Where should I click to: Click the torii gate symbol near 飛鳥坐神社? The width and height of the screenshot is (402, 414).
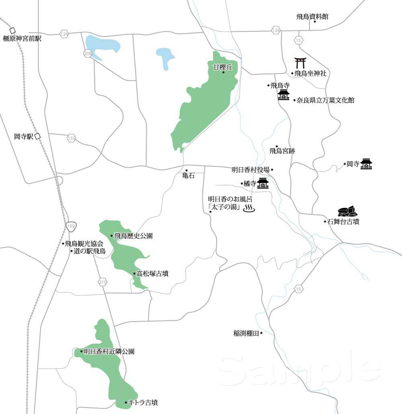click(300, 63)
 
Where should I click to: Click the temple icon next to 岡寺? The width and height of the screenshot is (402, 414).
click(366, 164)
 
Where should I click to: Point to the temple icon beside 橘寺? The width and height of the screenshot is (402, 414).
click(263, 183)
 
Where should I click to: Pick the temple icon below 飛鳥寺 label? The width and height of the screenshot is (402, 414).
click(284, 95)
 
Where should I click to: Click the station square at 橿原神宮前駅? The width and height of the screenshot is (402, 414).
click(12, 31)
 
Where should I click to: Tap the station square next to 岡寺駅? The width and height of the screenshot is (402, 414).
click(38, 136)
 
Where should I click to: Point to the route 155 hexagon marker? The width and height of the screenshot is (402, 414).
click(71, 138)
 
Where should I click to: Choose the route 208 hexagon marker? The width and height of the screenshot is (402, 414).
click(88, 53)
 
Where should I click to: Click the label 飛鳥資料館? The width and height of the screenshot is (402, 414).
click(312, 16)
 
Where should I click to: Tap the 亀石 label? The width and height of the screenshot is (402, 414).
click(188, 176)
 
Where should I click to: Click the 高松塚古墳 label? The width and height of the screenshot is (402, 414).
click(152, 274)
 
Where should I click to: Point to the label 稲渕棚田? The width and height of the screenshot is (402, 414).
click(246, 333)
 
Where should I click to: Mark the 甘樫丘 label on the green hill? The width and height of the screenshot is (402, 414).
click(223, 67)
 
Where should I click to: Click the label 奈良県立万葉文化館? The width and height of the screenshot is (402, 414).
click(325, 100)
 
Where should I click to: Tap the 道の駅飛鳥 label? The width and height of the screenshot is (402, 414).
click(89, 252)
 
